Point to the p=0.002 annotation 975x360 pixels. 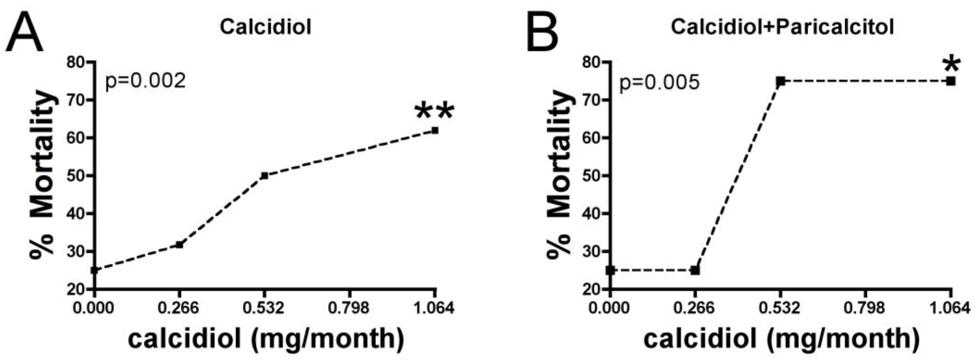145,81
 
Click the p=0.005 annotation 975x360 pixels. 659,83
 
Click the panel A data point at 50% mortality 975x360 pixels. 264,176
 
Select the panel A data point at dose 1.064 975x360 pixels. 435,130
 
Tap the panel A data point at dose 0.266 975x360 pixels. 179,245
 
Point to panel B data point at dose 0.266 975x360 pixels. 695,270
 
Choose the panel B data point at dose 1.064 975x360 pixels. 951,81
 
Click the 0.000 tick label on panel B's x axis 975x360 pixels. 609,308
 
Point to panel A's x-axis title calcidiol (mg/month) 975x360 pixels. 266,338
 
